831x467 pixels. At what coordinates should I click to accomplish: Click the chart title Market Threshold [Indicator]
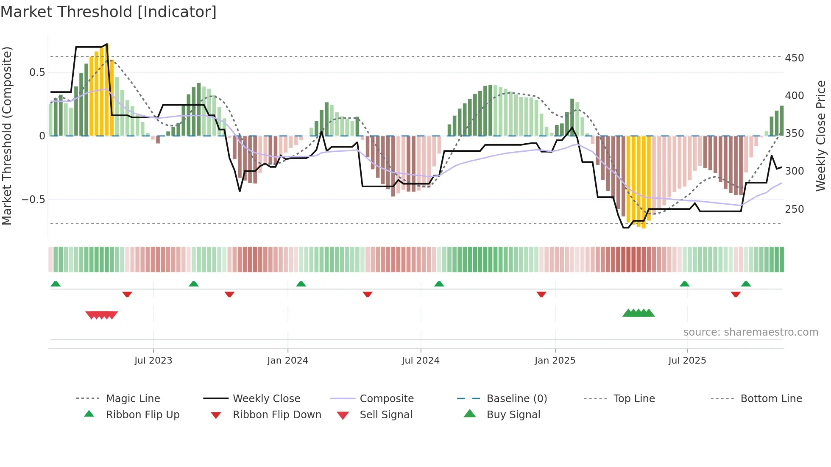[x=109, y=12]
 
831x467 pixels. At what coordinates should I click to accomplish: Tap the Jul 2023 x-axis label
[x=153, y=361]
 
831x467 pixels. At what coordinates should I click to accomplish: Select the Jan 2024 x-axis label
[x=287, y=361]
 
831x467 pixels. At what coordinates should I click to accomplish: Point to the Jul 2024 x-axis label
[x=420, y=361]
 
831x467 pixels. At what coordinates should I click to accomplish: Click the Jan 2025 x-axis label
[x=555, y=361]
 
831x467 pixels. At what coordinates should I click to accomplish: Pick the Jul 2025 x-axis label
[x=687, y=361]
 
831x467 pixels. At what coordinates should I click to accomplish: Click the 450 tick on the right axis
[x=794, y=58]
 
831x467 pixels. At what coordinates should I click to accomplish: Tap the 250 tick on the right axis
[x=794, y=209]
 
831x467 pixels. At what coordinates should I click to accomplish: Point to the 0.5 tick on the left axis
[x=37, y=72]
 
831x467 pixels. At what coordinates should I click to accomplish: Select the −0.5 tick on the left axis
[x=33, y=200]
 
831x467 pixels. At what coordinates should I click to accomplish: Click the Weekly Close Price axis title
[x=821, y=136]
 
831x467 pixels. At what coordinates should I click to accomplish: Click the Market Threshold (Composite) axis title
[x=7, y=136]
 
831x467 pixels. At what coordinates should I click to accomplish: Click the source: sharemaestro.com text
[x=750, y=332]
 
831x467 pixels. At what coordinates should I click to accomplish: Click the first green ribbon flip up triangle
[x=56, y=284]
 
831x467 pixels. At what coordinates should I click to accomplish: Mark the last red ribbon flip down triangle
[x=736, y=294]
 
